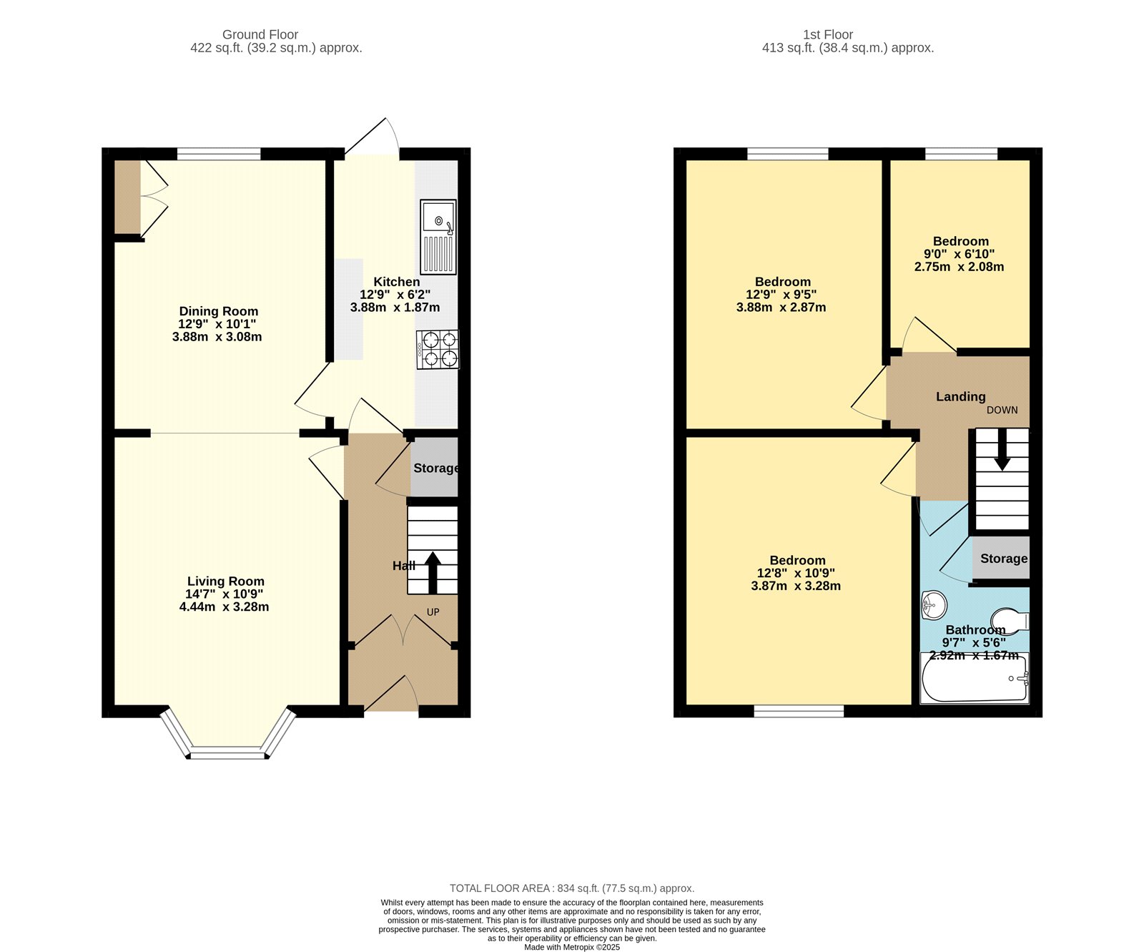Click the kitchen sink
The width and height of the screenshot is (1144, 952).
point(438,236)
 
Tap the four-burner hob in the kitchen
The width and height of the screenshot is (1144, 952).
point(438,349)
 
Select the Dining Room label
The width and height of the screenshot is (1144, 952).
point(218,311)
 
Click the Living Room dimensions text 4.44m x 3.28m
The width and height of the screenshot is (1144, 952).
point(224,607)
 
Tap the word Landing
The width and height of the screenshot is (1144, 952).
point(960,396)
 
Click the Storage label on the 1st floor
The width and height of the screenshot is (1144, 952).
point(1003,559)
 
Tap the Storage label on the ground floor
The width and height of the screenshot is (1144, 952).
point(435,468)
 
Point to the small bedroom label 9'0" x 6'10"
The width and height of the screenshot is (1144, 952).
point(959,254)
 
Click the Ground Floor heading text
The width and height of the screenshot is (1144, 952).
point(260,34)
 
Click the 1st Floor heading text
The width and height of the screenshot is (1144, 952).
point(827,34)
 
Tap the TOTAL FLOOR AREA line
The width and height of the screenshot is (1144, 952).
point(571,888)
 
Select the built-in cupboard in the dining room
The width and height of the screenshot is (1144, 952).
point(128,197)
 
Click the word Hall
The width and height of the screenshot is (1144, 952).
point(403,566)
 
